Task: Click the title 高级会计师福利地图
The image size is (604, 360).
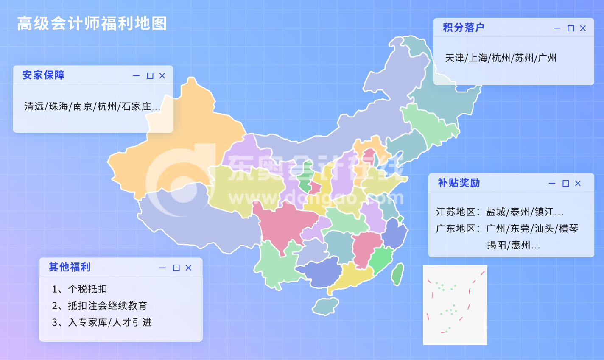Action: tap(92, 24)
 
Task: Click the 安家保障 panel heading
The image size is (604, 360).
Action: tap(43, 75)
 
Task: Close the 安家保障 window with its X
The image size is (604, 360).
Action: tap(162, 76)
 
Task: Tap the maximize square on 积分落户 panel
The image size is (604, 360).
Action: tap(571, 28)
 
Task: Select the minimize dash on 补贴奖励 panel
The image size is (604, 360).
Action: tap(552, 184)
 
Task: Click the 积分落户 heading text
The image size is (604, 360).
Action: tap(464, 28)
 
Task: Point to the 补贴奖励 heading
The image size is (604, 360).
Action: tap(459, 183)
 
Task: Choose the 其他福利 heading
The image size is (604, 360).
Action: tap(70, 267)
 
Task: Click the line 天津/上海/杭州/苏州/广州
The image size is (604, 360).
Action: tap(501, 58)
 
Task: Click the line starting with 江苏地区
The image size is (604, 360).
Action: tap(500, 212)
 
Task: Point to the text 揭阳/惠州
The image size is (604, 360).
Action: tap(513, 245)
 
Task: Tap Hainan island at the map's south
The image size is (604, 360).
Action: tap(325, 306)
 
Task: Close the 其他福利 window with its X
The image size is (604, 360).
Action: tap(188, 268)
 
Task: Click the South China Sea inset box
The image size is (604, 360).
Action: tap(455, 305)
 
